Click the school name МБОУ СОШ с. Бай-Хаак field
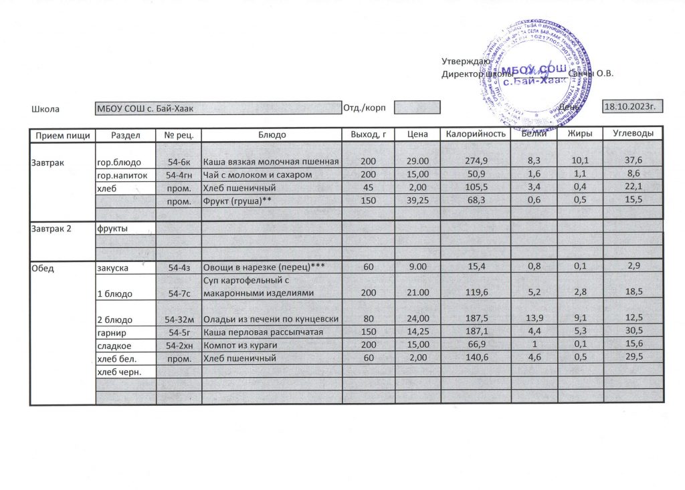(x=218, y=108)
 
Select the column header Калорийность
(x=475, y=134)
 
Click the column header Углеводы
(x=633, y=134)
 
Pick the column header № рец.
(x=179, y=135)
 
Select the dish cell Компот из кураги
(x=240, y=345)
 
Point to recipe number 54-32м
(x=179, y=319)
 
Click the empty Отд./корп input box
(x=417, y=107)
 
